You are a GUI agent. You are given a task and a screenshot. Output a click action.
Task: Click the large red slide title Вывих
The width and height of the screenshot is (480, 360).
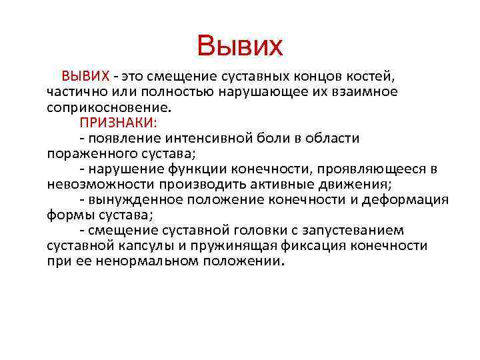click(x=240, y=47)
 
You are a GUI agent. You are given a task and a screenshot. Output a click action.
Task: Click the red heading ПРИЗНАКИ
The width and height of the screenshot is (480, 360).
click(x=127, y=123)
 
